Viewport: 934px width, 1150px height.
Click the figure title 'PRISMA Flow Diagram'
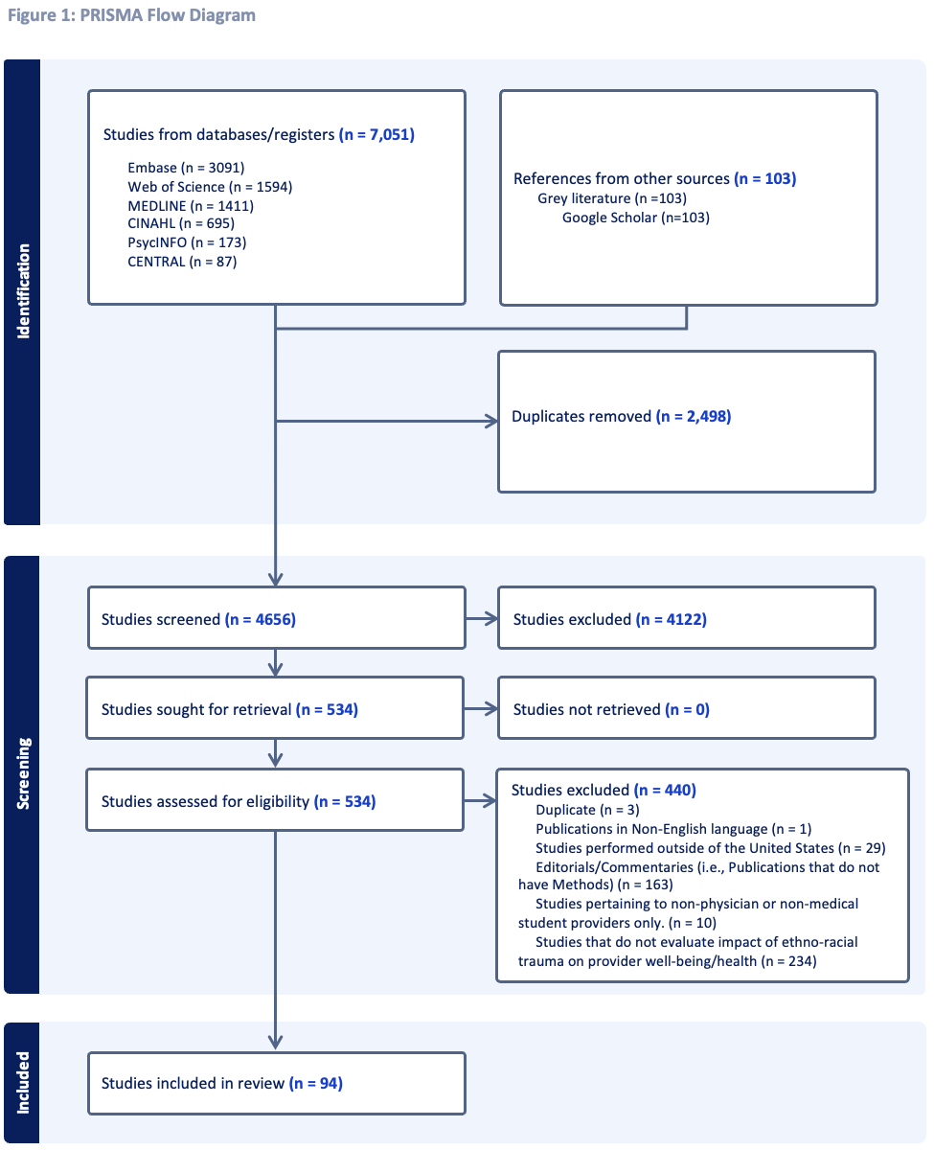click(168, 15)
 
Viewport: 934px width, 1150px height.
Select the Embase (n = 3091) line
click(186, 168)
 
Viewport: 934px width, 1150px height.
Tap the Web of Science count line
click(210, 187)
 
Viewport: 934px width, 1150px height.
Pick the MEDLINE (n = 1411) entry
click(191, 206)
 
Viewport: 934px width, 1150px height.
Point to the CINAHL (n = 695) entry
click(181, 223)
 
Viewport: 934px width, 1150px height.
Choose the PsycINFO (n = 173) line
click(187, 242)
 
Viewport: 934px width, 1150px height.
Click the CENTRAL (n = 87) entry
click(182, 262)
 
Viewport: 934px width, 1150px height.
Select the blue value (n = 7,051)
click(376, 134)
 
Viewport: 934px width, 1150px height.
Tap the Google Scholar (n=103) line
click(636, 218)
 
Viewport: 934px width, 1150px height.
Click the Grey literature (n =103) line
click(612, 198)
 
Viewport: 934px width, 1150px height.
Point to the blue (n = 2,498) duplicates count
click(694, 416)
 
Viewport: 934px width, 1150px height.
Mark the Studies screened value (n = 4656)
click(260, 619)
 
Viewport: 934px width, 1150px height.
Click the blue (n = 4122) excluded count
click(672, 619)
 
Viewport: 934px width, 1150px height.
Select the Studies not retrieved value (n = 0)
click(687, 709)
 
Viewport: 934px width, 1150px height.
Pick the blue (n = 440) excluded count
click(665, 790)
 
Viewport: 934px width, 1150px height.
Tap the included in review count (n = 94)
click(316, 1083)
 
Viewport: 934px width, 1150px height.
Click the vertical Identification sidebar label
click(23, 291)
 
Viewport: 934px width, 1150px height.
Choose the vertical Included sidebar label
click(23, 1083)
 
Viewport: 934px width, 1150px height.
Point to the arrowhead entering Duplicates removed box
click(491, 421)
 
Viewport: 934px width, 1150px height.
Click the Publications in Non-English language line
click(673, 829)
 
